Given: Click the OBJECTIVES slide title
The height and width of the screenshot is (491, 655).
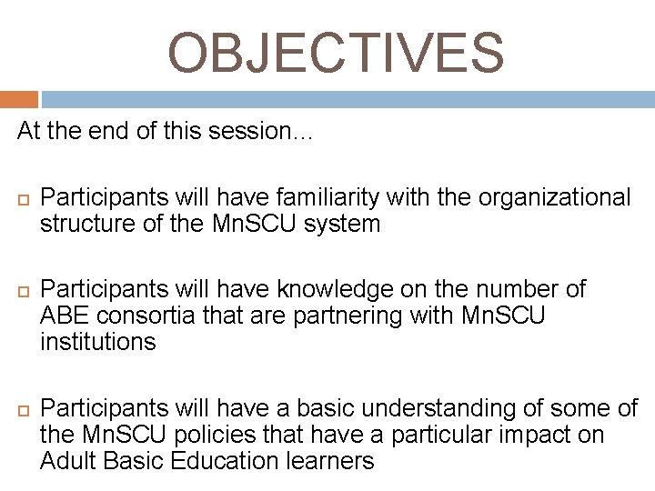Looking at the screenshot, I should click(x=335, y=53).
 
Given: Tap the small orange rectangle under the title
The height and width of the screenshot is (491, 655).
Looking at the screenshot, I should click(x=19, y=99).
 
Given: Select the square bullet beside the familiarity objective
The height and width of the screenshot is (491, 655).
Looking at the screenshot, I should click(x=23, y=197).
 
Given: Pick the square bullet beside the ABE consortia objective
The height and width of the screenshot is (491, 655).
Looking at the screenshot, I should click(x=23, y=291).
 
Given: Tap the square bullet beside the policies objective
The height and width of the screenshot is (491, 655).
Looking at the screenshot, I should click(x=23, y=409).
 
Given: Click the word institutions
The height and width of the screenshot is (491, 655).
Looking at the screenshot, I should click(x=98, y=343).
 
